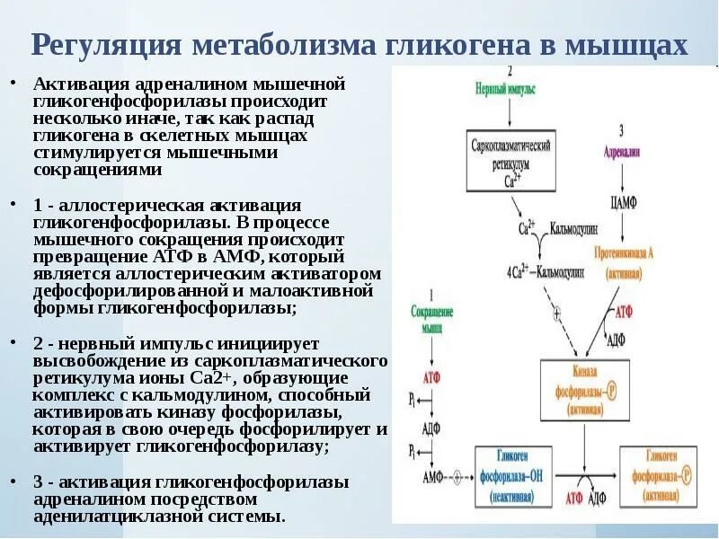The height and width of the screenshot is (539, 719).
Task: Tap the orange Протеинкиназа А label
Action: tap(624, 261)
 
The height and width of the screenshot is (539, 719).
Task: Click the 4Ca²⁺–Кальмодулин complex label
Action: tap(544, 270)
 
